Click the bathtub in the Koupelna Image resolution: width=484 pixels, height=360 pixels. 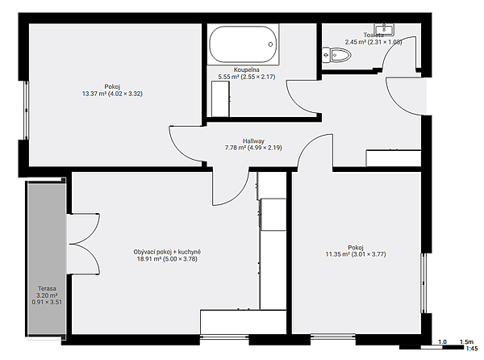tap(243, 44)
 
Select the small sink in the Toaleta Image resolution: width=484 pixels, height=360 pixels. tap(384, 30)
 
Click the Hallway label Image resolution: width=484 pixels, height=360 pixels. tap(253, 140)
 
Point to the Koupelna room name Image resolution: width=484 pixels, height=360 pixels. tap(246, 69)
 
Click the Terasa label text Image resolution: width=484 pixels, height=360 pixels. tap(47, 288)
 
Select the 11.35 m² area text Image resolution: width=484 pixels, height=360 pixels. tap(337, 254)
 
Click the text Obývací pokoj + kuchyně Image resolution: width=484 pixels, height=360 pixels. tap(167, 252)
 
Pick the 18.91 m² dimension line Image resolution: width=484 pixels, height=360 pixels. tap(167, 259)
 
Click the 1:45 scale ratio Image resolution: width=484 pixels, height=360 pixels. tap(472, 349)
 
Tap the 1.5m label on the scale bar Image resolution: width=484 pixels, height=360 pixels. tap(466, 341)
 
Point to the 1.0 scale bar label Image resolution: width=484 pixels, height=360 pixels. tap(443, 341)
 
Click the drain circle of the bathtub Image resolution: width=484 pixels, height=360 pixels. tap(270, 44)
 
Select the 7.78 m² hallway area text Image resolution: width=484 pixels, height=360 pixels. tap(236, 148)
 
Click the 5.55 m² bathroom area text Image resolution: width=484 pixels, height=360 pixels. tap(228, 77)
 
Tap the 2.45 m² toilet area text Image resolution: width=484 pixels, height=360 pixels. tap(356, 42)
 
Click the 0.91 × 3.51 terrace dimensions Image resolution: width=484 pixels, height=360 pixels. tap(47, 302)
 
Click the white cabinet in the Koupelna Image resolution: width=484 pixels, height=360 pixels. tap(220, 98)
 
